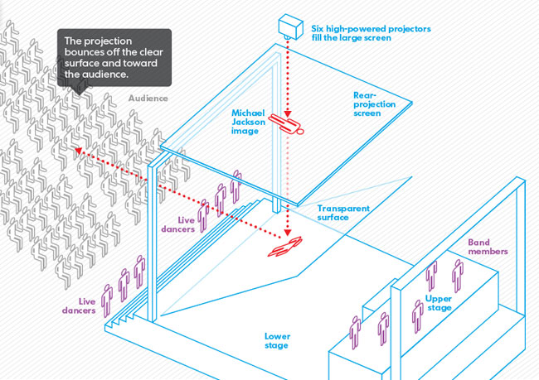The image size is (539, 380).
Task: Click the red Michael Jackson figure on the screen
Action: point(290,127)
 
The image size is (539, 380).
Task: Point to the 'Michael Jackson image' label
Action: point(249,120)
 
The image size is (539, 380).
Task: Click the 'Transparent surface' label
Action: point(343,214)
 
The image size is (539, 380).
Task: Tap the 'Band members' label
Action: point(487,247)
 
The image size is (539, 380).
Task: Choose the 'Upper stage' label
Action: point(439,303)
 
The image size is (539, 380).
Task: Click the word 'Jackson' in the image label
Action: point(249,120)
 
